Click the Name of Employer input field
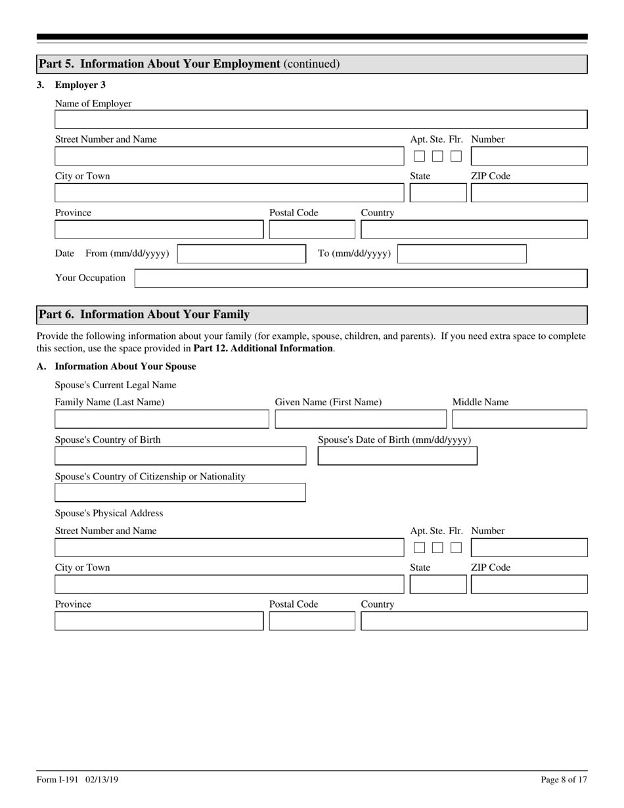(x=321, y=120)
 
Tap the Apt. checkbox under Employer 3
(x=419, y=156)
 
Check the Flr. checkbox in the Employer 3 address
(x=456, y=156)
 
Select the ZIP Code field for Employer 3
(x=529, y=193)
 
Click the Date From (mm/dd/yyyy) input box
(x=241, y=254)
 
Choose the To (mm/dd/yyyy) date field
(x=462, y=254)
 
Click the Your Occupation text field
(x=361, y=279)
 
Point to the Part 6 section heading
(x=145, y=315)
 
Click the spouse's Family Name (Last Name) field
(x=162, y=419)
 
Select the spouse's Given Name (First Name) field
(x=360, y=419)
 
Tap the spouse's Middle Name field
(x=519, y=419)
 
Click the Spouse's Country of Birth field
(x=180, y=456)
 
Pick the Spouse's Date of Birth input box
(x=397, y=456)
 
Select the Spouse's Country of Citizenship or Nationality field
(x=180, y=493)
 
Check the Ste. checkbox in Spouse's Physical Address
(x=437, y=548)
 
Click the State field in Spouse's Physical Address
(x=437, y=585)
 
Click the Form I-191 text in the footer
(x=58, y=780)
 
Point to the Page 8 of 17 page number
(x=564, y=780)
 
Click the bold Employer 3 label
(x=80, y=85)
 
